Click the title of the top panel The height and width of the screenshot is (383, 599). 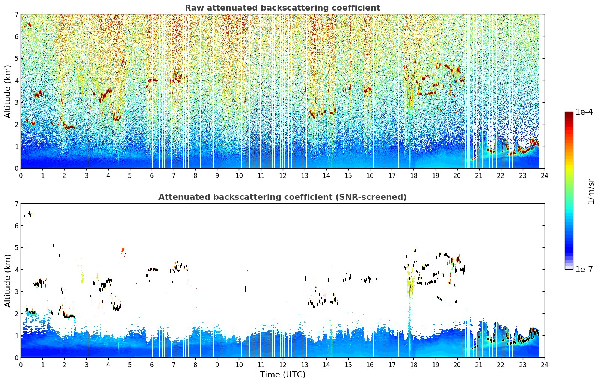pos(282,8)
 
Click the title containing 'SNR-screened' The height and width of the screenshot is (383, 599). pos(282,197)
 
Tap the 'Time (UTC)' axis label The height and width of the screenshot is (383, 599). pos(282,374)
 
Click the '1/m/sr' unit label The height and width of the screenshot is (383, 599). pos(591,191)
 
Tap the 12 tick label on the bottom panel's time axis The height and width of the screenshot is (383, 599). pos(283,365)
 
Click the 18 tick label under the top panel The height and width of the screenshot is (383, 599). pos(414,176)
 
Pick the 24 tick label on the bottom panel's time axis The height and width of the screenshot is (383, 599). pos(545,365)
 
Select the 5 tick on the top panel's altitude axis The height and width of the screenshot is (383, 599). pos(16,58)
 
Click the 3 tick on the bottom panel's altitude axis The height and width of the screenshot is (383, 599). pos(16,291)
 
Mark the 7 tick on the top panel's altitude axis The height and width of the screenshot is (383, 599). pos(16,14)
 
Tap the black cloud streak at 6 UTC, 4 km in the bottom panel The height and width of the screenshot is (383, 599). pos(153,270)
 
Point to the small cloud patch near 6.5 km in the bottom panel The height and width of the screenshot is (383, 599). pos(29,214)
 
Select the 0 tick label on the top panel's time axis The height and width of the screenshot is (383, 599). pos(21,176)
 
